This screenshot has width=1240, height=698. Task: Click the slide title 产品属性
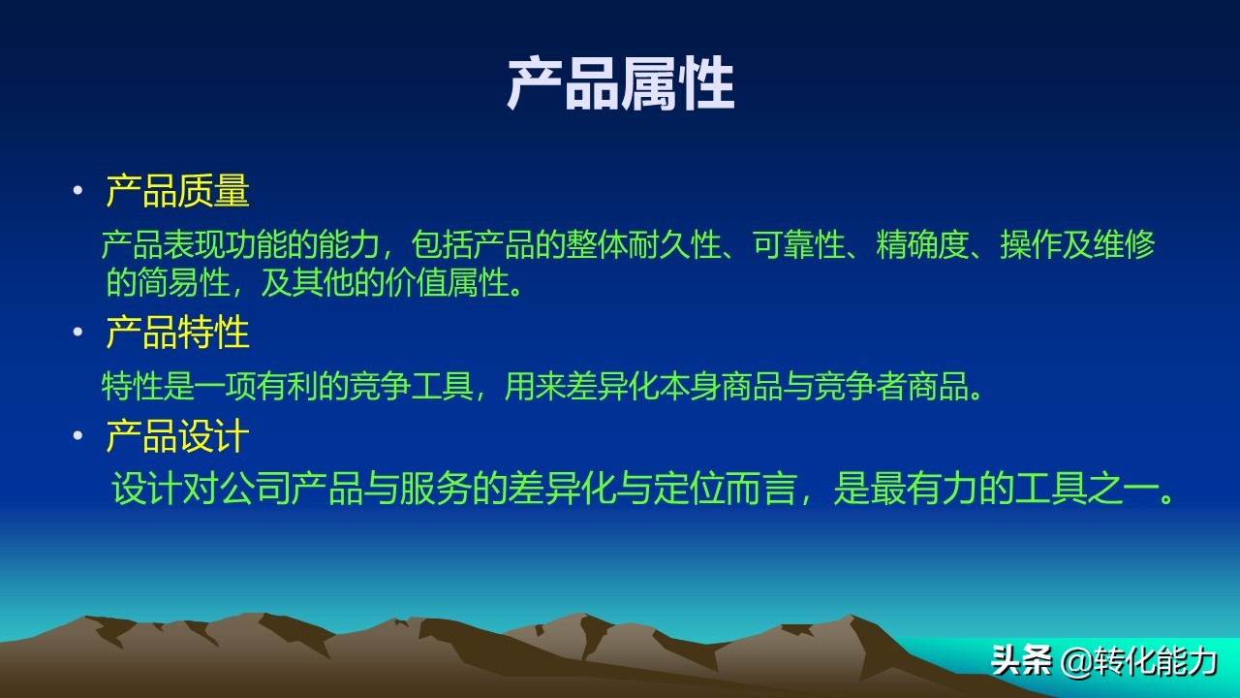click(x=620, y=84)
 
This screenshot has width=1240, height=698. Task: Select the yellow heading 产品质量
click(x=177, y=191)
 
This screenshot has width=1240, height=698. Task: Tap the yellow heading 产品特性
click(x=177, y=333)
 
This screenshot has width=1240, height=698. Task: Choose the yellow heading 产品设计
click(x=177, y=436)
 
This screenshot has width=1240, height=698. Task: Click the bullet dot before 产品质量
click(x=77, y=191)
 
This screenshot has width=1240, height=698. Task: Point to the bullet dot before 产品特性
click(x=77, y=333)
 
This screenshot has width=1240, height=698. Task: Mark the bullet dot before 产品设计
click(x=77, y=436)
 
